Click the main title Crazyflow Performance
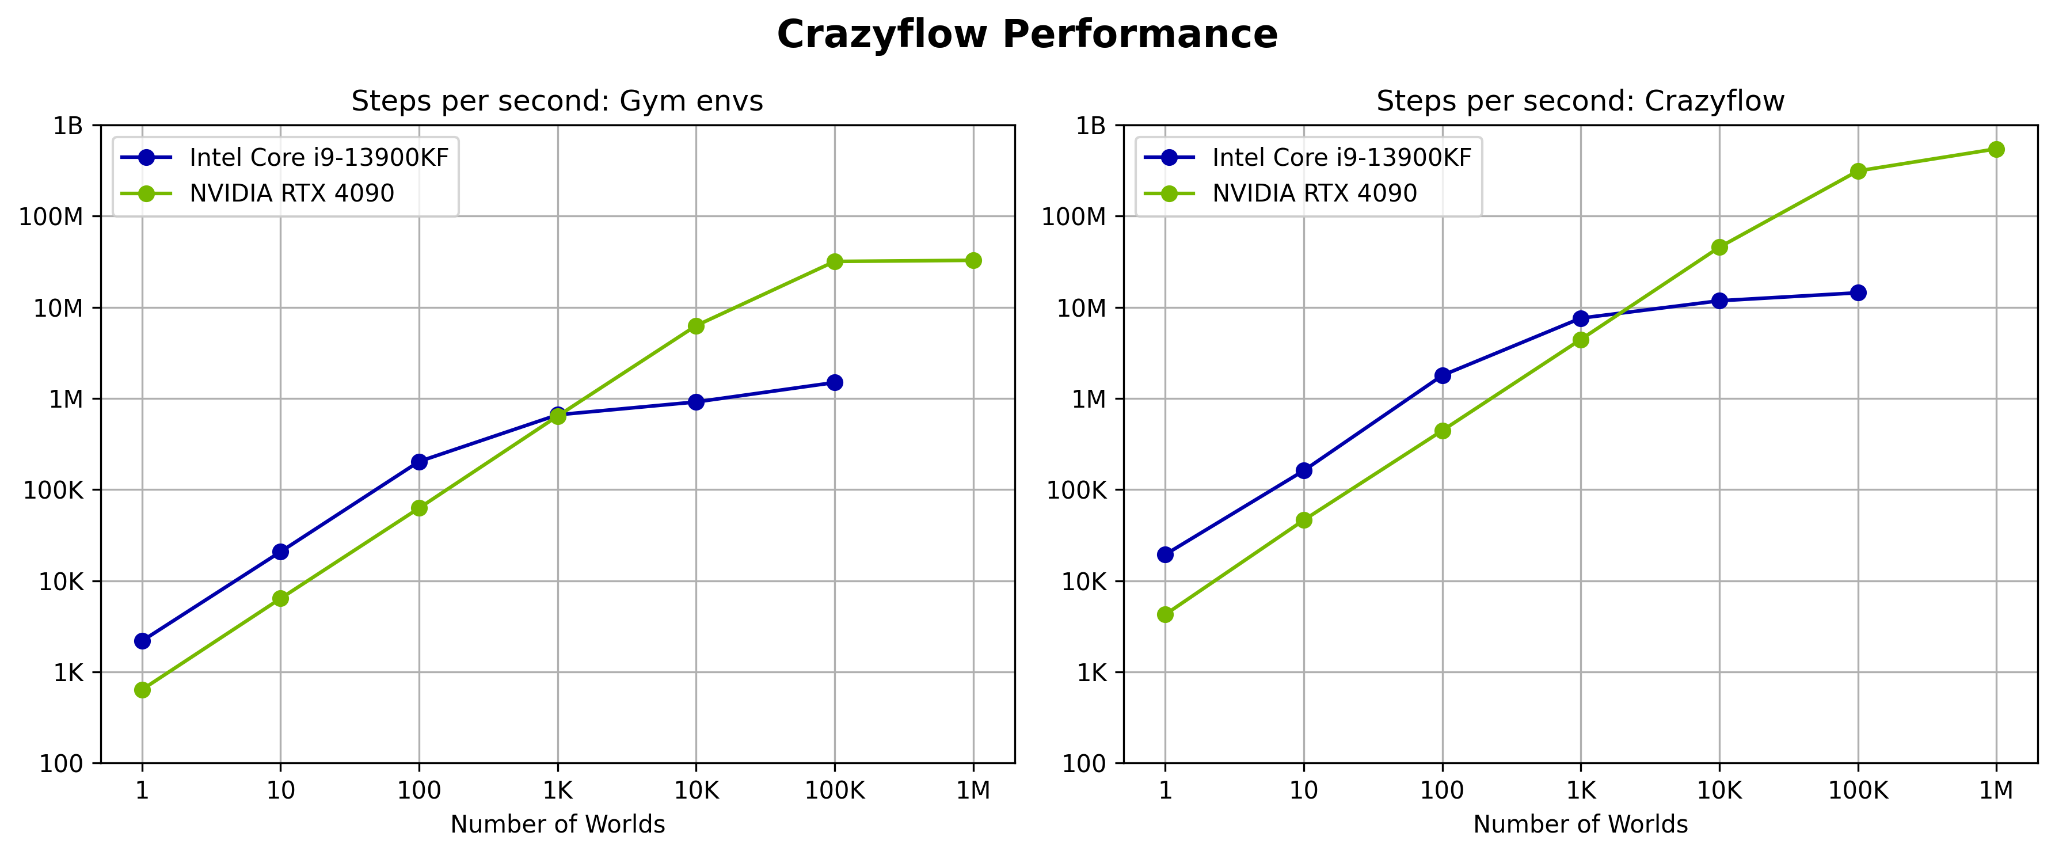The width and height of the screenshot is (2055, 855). (1027, 35)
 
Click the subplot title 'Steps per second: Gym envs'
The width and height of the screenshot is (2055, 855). (557, 101)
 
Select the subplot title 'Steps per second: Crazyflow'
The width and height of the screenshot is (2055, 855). (1580, 101)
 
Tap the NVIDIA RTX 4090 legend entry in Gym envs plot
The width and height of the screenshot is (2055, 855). (291, 193)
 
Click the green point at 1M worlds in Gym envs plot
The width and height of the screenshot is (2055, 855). (973, 261)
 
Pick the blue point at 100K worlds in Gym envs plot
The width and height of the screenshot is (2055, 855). (835, 383)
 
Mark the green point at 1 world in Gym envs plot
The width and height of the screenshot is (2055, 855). (142, 690)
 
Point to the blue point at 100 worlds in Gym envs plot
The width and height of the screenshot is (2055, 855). (419, 462)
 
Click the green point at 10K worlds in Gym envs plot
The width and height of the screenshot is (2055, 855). (695, 326)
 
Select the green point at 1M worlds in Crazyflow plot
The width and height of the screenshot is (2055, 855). (1996, 149)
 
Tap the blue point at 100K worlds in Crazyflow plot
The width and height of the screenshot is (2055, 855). (1858, 292)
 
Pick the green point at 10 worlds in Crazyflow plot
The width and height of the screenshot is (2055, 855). (1304, 520)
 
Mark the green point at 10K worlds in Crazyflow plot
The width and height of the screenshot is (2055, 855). (1719, 247)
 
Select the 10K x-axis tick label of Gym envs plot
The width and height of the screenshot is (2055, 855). (695, 791)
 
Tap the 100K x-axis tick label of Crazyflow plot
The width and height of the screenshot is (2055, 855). (1858, 791)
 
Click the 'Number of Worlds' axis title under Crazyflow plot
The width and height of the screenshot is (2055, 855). (1580, 824)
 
